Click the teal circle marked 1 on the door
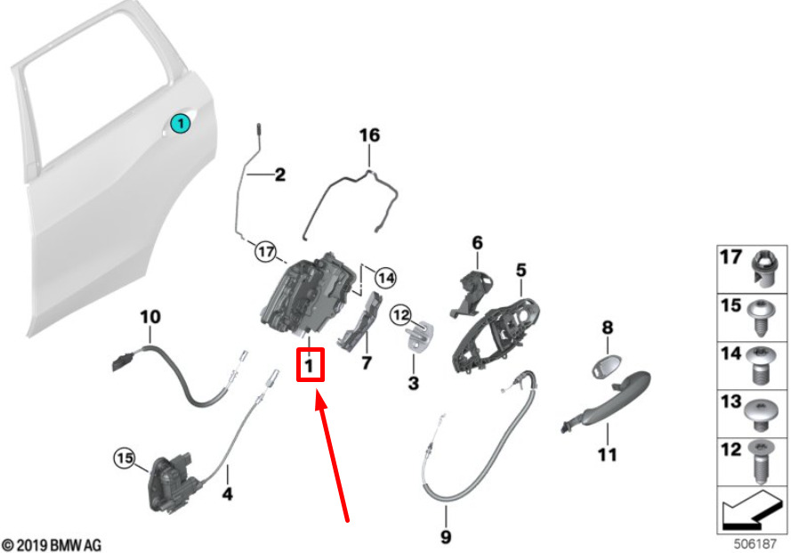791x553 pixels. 180,123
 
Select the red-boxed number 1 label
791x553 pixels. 310,364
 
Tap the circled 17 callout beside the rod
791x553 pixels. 266,251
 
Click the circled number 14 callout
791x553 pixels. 385,278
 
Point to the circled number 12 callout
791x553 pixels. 401,316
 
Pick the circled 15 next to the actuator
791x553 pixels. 125,458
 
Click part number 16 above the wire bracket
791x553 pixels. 369,135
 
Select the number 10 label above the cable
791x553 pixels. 150,317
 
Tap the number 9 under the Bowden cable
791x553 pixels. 446,536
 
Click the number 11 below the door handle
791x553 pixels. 608,455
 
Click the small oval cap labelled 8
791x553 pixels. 606,366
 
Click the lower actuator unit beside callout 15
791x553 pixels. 169,484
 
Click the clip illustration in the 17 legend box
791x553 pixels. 765,269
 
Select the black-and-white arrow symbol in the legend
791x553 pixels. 751,509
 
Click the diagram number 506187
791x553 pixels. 755,544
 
